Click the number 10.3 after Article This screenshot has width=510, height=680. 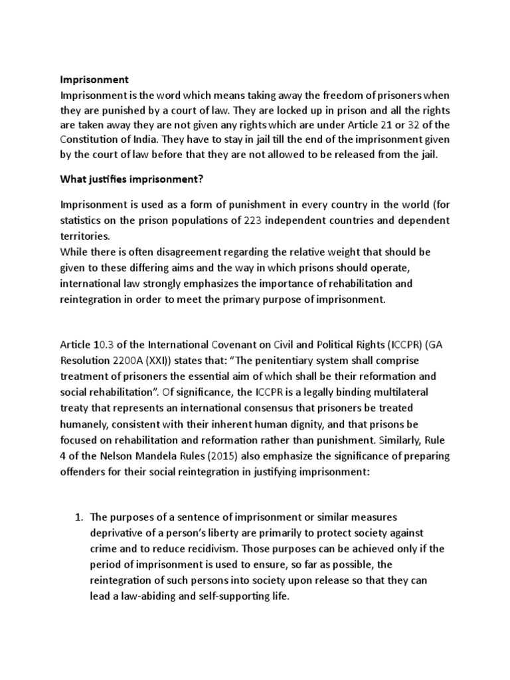pos(107,345)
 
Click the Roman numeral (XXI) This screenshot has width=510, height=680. pos(177,359)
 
